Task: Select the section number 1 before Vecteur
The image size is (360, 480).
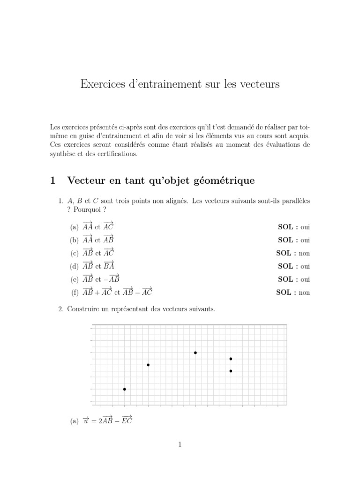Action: coord(53,180)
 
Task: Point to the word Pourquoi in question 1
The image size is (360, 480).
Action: coord(87,209)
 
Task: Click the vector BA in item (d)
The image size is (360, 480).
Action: coord(109,266)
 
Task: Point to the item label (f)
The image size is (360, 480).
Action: coord(75,292)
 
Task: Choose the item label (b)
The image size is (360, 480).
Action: coord(75,240)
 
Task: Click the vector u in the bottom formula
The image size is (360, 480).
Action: coord(85,421)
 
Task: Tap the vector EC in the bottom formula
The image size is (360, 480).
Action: coord(127,420)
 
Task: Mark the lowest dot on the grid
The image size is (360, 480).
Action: coord(124,389)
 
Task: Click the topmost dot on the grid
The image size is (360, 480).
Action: coord(195,352)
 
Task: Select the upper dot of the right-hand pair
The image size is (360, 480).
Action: coord(231,359)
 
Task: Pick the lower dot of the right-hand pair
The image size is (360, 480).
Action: coord(231,371)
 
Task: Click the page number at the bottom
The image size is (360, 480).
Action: coord(180,445)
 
